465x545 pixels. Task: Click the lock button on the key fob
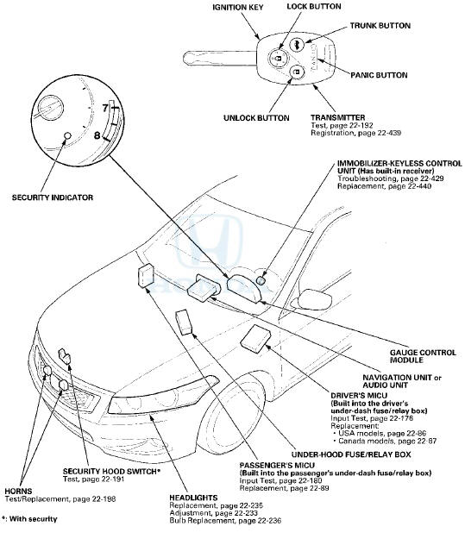coord(278,58)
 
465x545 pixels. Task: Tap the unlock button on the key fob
coord(296,72)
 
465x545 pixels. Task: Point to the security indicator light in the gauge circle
coord(68,135)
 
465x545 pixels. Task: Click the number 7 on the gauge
coord(105,108)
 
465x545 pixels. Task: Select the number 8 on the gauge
coord(97,135)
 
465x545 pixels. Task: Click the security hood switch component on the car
coord(65,356)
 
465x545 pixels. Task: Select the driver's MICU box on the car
coord(255,336)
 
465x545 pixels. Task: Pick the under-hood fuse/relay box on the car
coord(184,323)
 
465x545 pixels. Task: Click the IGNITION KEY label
coord(238,7)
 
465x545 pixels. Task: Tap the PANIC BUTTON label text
coord(379,75)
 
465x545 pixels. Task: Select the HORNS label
coord(18,492)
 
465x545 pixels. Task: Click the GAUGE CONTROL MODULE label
coord(423,356)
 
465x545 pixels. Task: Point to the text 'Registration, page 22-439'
coord(355,133)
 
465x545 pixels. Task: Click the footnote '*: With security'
coord(29,519)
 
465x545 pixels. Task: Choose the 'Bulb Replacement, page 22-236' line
coord(225,521)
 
